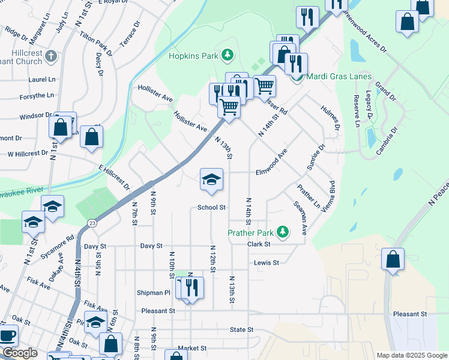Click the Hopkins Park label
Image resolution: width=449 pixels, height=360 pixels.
pyautogui.click(x=192, y=56)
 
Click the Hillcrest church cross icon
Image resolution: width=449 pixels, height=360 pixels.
pyautogui.click(x=51, y=57)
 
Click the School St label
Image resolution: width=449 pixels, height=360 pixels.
pyautogui.click(x=211, y=208)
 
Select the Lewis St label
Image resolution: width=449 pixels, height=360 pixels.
pyautogui.click(x=267, y=263)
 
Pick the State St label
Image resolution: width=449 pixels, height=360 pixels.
pyautogui.click(x=242, y=330)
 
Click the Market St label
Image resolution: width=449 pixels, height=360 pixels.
pyautogui.click(x=191, y=348)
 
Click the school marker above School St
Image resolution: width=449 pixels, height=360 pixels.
pyautogui.click(x=211, y=179)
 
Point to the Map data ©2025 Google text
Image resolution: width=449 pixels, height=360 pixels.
pyautogui.click(x=411, y=355)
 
